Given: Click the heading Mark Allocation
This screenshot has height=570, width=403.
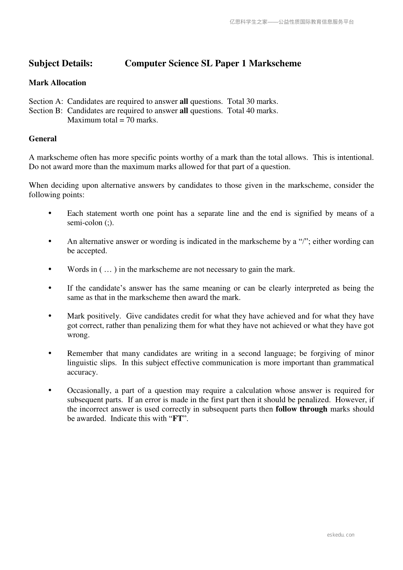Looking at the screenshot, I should click(x=58, y=83).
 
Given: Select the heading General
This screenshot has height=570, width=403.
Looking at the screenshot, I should click(x=43, y=139).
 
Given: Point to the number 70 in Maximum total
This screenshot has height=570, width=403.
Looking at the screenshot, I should click(x=130, y=120).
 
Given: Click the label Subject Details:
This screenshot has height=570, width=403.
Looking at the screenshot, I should click(x=61, y=64).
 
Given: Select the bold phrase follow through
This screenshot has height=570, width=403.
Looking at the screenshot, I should click(x=301, y=409).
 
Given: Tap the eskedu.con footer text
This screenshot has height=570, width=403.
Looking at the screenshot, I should click(x=341, y=535).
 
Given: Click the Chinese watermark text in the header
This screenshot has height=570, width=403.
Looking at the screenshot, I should click(x=292, y=22).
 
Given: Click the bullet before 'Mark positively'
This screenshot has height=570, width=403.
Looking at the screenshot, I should click(x=50, y=316).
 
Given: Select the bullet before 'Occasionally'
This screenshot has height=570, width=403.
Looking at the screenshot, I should click(x=50, y=390).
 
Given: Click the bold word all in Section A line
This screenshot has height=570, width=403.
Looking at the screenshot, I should click(x=183, y=101).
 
